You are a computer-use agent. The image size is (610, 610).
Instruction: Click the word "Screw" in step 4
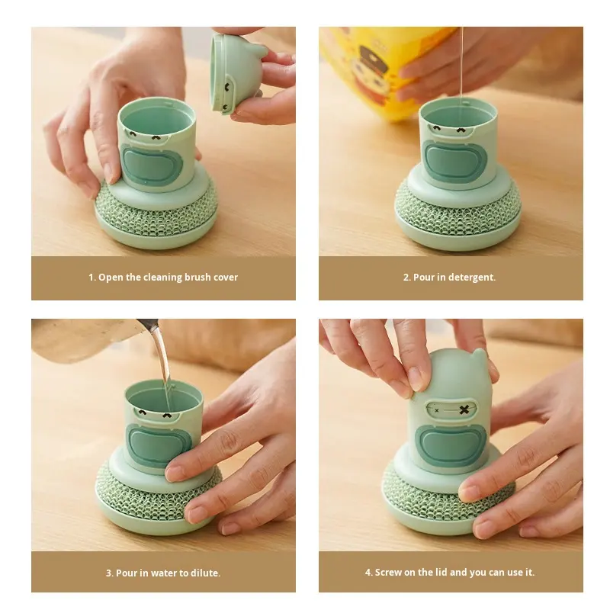point(388,573)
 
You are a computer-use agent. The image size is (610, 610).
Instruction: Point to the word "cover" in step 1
point(225,278)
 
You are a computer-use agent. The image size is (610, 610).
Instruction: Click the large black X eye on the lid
point(464,409)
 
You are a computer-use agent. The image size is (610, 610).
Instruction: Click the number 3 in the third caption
point(108,573)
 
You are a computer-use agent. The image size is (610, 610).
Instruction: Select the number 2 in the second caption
point(406,278)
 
